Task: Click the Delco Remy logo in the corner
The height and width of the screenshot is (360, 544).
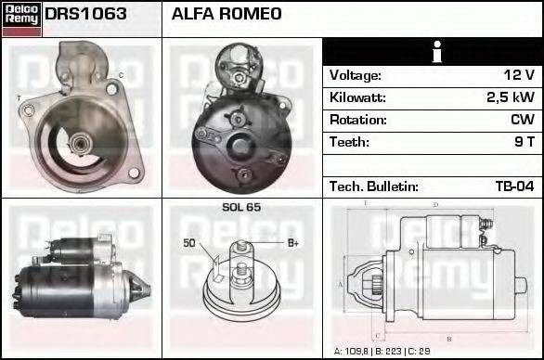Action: pos(21,19)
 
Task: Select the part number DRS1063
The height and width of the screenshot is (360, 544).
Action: pos(86,15)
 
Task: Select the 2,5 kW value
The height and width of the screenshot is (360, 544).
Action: pos(510,97)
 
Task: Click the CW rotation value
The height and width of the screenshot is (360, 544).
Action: pos(521,120)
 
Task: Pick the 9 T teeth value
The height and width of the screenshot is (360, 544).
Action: pos(524,142)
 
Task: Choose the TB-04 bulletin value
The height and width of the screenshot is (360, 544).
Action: pos(513,186)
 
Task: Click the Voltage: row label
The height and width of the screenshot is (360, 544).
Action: pos(356,75)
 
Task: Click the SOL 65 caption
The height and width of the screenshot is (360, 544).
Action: pos(241,207)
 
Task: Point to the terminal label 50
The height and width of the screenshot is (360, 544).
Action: pos(189,243)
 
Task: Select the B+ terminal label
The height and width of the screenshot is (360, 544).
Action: pos(292,243)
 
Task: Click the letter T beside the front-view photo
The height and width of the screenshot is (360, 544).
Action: pos(19,96)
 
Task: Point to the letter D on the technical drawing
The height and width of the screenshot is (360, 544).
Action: pos(435,203)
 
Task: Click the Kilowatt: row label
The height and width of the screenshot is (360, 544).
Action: pos(357,97)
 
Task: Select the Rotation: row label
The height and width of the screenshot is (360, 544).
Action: pos(356,120)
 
